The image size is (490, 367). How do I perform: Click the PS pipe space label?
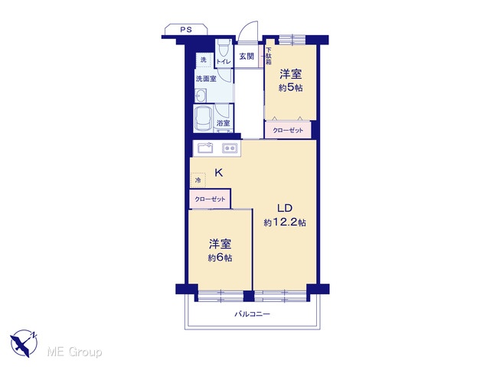[x=186, y=30]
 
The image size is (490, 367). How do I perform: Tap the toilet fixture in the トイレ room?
[x=223, y=47]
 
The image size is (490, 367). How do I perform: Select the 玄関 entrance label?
[x=247, y=57]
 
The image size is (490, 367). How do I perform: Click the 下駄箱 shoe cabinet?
[x=269, y=56]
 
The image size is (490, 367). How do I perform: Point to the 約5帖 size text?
[x=291, y=88]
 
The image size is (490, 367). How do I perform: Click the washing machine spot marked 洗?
[x=204, y=60]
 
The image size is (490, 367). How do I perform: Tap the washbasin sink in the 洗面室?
[x=201, y=96]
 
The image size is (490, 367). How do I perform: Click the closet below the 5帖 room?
[x=288, y=130]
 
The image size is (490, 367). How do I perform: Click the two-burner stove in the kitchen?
[x=230, y=148]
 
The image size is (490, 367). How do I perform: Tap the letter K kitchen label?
[x=218, y=173]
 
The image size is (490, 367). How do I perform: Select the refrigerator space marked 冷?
[x=198, y=180]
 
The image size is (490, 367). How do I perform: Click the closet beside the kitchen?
[x=210, y=199]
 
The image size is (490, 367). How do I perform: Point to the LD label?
[x=285, y=208]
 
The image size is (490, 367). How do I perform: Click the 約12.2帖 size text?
[x=285, y=222]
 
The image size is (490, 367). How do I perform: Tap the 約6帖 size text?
[x=220, y=258]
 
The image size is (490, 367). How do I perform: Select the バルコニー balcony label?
[x=252, y=314]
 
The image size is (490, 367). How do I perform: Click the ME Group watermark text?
[x=74, y=352]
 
